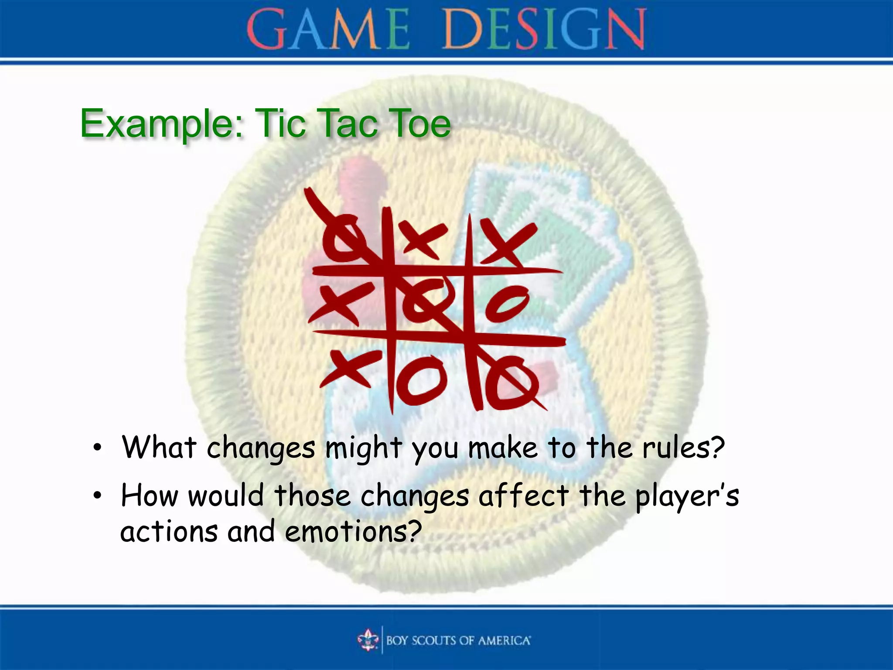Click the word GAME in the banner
(x=328, y=30)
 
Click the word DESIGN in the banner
(x=544, y=30)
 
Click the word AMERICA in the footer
(x=504, y=640)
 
